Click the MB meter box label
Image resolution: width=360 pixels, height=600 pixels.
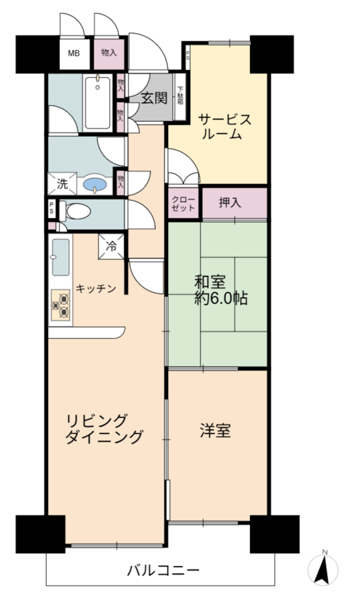click(x=74, y=53)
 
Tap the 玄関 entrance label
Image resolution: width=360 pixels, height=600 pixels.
click(x=155, y=98)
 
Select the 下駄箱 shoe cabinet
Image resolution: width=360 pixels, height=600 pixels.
click(x=180, y=97)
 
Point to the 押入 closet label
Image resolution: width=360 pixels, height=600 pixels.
click(x=230, y=202)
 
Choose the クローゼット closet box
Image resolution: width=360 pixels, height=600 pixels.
click(x=184, y=203)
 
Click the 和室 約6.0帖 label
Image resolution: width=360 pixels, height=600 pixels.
click(x=220, y=290)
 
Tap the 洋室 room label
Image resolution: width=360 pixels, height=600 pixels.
click(x=215, y=430)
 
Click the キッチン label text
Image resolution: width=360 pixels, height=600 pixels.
click(x=95, y=289)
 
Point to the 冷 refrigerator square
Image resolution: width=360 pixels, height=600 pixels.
click(x=112, y=247)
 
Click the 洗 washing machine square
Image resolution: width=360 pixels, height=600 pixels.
click(x=62, y=184)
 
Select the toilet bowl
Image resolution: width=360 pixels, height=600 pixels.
click(x=76, y=211)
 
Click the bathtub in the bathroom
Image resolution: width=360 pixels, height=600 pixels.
click(x=98, y=103)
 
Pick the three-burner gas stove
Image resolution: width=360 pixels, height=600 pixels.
click(x=61, y=304)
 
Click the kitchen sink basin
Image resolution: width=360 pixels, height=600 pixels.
click(x=61, y=257)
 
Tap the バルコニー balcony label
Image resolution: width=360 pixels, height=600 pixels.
click(x=163, y=571)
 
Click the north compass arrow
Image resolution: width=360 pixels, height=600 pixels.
click(x=324, y=569)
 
